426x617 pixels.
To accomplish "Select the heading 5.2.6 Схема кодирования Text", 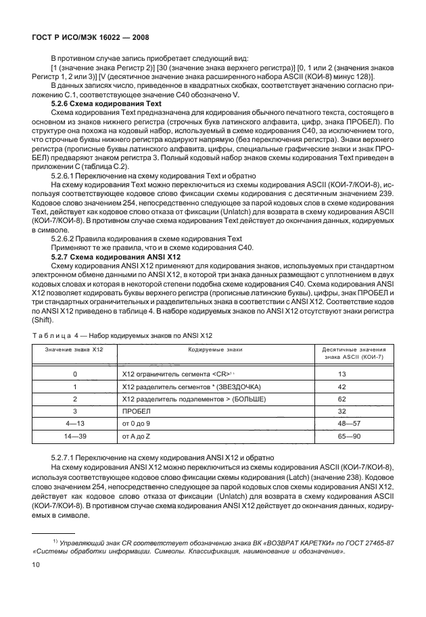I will click(x=107, y=104).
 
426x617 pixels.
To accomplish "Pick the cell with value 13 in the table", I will click(x=341, y=373).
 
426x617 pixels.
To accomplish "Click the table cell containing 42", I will click(x=341, y=386).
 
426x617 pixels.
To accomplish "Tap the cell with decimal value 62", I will click(x=341, y=399).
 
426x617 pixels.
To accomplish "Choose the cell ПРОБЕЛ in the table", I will click(x=136, y=411).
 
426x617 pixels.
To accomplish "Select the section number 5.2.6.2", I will click(x=66, y=239).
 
